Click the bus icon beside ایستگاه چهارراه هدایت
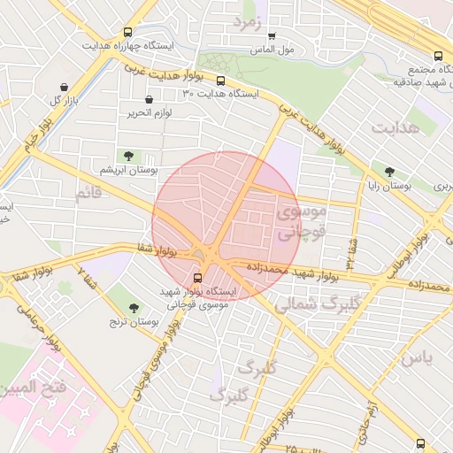[x=130, y=30]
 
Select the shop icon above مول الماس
[x=272, y=36]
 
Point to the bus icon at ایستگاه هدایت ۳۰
[x=220, y=81]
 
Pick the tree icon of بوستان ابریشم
[x=129, y=155]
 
